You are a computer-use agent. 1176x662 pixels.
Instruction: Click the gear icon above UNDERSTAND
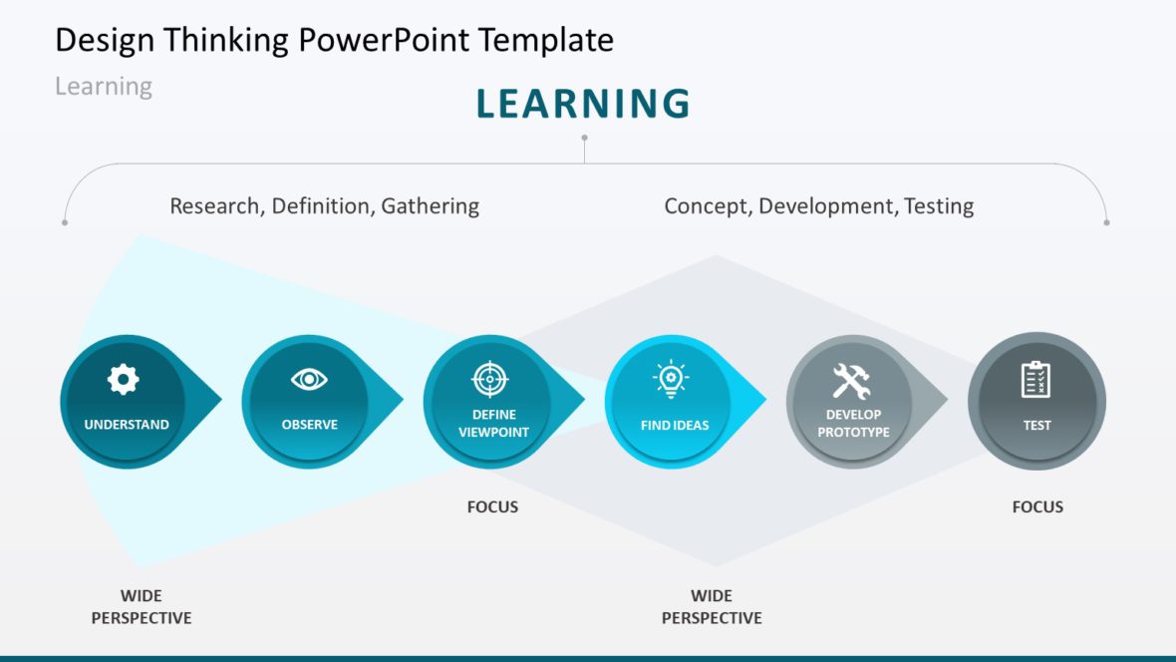pos(123,379)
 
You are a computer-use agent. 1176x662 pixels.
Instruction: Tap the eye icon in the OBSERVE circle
pos(309,380)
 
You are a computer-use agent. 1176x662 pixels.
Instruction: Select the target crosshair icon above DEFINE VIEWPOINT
pos(489,379)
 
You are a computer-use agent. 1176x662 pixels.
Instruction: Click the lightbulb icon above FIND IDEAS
pos(671,378)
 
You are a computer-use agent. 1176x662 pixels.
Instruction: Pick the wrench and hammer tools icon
pos(851,381)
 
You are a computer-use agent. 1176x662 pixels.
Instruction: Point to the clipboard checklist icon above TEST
pos(1035,379)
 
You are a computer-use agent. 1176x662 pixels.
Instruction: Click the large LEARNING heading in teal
pos(583,104)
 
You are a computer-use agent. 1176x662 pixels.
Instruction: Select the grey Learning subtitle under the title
pos(104,87)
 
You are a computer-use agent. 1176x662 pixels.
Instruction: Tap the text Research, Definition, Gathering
pos(324,205)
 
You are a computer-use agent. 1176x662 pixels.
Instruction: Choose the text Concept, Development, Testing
pos(819,205)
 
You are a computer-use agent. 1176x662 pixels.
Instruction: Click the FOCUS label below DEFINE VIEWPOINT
pos(492,506)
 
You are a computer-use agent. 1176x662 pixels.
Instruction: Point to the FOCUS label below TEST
pos(1038,506)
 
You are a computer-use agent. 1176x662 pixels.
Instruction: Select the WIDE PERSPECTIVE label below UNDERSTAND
pos(142,606)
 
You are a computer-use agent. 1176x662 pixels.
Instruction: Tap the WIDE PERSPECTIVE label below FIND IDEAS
pos(712,606)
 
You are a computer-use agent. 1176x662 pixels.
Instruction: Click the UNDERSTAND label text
pos(127,424)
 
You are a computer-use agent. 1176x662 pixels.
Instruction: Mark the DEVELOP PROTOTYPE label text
pos(853,424)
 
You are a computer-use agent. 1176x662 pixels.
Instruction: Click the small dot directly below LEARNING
pos(584,139)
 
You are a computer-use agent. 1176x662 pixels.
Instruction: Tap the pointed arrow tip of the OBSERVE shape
pos(403,400)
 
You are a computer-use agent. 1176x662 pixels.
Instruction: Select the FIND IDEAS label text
pos(675,425)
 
